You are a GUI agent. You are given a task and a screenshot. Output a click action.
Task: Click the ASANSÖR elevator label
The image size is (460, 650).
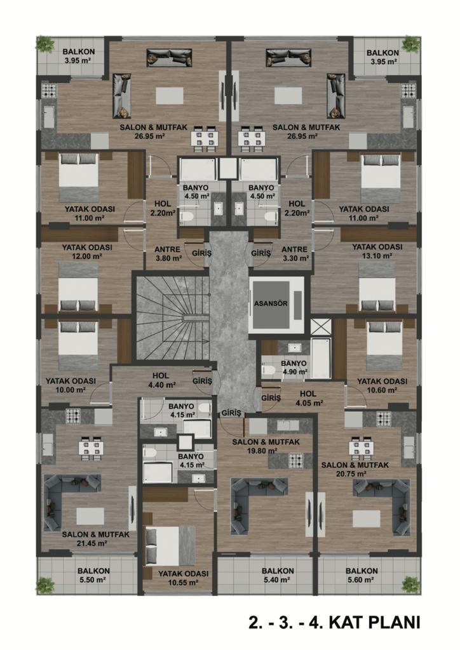pyautogui.click(x=271, y=303)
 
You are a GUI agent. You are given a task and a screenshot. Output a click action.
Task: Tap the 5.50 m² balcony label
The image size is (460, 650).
pyautogui.click(x=93, y=575)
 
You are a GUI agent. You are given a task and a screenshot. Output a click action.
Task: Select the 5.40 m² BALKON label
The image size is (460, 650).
pyautogui.click(x=278, y=575)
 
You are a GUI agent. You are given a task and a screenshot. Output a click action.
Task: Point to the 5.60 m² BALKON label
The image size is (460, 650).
pyautogui.click(x=362, y=575)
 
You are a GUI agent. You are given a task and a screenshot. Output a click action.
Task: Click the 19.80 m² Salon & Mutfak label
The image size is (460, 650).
pyautogui.click(x=266, y=446)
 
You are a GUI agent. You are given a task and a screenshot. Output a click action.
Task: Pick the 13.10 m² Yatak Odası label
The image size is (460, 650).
pyautogui.click(x=377, y=251)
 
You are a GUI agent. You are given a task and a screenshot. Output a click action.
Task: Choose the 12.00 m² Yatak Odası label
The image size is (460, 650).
pyautogui.click(x=87, y=251)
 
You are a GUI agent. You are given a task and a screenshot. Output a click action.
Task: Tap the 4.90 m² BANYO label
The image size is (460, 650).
pyautogui.click(x=294, y=368)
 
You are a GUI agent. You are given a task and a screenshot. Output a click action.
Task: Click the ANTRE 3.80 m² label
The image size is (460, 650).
pyautogui.click(x=168, y=254)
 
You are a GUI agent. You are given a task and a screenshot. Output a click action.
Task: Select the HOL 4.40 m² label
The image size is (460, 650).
pyautogui.click(x=161, y=380)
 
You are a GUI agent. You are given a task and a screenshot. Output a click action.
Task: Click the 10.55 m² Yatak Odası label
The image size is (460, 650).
pyautogui.click(x=183, y=578)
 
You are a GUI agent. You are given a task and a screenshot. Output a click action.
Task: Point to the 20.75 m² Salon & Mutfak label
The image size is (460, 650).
pyautogui.click(x=355, y=469)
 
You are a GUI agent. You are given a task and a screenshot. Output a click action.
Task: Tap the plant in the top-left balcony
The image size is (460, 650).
pyautogui.click(x=45, y=44)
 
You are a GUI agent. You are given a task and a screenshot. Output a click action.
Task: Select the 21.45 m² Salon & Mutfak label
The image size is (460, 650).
pyautogui.click(x=96, y=539)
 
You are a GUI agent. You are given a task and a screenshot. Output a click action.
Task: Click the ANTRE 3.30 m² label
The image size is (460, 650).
pyautogui.click(x=295, y=254)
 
